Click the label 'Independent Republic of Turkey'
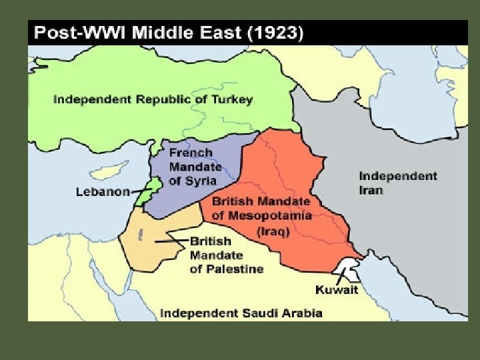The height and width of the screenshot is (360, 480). click(153, 99)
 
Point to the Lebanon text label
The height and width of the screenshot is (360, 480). click(102, 192)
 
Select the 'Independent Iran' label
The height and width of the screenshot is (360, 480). click(397, 183)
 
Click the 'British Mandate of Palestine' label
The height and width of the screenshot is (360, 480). click(226, 255)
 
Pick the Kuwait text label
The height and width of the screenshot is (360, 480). click(336, 289)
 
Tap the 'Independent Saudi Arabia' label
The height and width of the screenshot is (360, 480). click(241, 313)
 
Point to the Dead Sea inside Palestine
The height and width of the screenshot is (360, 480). click(141, 234)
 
